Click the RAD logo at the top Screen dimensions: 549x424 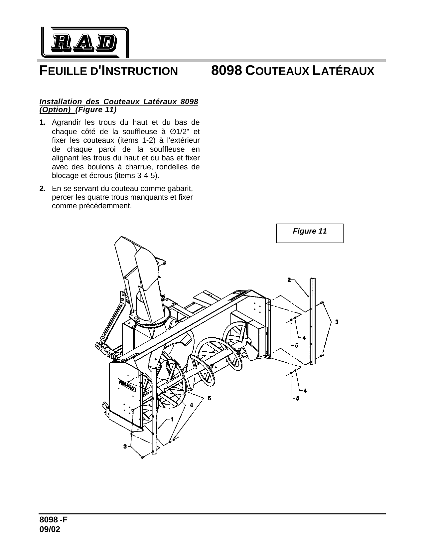[84, 42]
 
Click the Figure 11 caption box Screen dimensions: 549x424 [310, 233]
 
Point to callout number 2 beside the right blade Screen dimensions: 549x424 [289, 280]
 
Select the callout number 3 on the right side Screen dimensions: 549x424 [337, 322]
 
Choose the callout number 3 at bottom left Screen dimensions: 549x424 [125, 446]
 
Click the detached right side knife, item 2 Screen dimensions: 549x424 [312, 321]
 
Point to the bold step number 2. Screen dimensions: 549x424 [42, 189]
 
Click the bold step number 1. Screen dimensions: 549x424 [42, 122]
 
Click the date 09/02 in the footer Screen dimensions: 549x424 [50, 530]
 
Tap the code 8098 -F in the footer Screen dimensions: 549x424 [54, 520]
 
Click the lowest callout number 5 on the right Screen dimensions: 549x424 [297, 398]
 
